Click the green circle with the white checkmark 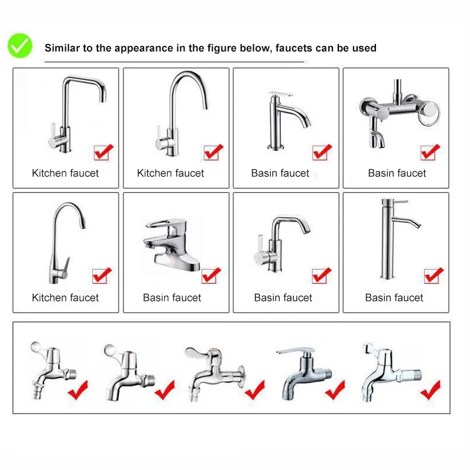20,46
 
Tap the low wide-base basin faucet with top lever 172,244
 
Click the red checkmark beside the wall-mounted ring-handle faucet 431,152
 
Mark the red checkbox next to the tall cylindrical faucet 434,276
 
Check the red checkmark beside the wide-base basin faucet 211,275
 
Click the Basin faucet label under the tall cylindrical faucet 394,298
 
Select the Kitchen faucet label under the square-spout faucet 65,173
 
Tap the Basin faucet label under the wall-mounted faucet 397,173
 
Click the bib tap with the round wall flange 215,374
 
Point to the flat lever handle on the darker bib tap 296,350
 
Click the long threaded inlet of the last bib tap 411,375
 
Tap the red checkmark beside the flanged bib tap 255,390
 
